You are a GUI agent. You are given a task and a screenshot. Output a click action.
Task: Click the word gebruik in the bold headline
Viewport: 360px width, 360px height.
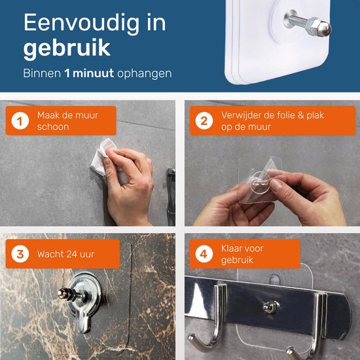67,48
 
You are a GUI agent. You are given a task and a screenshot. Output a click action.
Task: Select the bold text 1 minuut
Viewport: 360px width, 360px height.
89,73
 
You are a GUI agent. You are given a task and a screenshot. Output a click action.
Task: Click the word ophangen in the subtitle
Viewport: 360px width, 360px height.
145,74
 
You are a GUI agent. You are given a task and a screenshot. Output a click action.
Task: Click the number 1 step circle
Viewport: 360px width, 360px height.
20,121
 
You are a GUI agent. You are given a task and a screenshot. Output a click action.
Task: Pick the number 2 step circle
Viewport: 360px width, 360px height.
204,121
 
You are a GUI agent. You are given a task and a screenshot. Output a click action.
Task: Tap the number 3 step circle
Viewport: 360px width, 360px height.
20,254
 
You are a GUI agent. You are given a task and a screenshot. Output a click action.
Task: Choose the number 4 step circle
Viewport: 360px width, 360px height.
204,254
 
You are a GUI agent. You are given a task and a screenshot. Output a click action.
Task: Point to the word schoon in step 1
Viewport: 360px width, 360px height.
53,127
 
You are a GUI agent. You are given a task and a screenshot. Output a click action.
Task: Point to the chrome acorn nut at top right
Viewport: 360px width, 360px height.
319,27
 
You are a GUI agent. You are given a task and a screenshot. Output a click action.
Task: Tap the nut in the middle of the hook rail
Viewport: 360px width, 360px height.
271,307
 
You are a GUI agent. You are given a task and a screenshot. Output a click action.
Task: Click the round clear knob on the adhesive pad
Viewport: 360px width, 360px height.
261,181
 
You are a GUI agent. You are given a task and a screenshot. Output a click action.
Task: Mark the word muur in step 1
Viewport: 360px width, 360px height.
88,115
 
